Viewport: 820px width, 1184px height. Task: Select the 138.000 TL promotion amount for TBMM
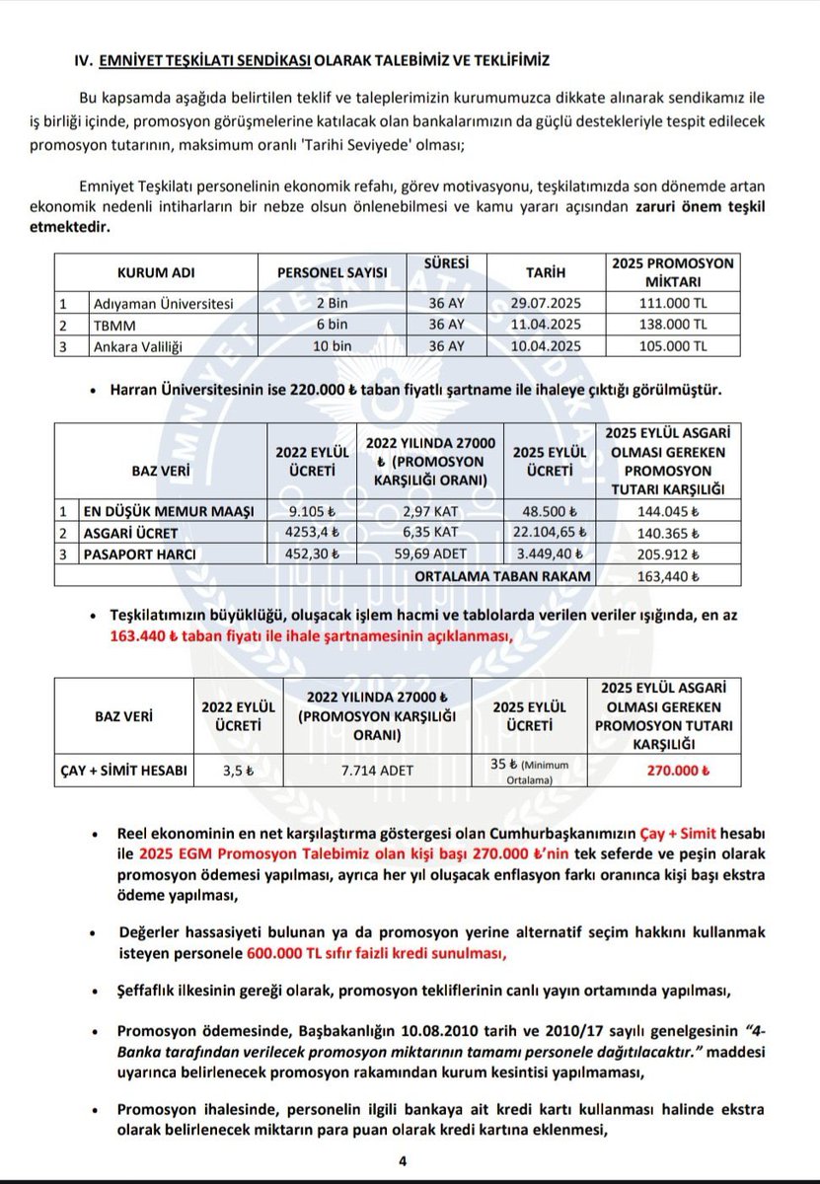(672, 324)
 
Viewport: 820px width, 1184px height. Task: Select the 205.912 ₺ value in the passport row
(670, 554)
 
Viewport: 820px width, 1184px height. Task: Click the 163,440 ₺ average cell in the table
(670, 575)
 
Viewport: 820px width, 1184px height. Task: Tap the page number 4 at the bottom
(403, 1161)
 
